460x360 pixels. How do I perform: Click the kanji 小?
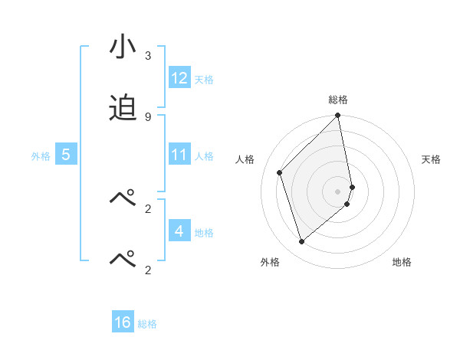[123, 47]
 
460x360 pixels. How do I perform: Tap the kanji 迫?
[123, 108]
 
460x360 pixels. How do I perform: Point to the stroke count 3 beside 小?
[148, 56]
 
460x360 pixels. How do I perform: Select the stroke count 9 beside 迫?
[148, 117]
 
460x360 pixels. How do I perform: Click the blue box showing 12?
[179, 78]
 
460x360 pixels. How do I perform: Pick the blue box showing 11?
[179, 155]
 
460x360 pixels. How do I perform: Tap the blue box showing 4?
[179, 231]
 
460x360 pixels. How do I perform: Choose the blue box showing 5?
[66, 155]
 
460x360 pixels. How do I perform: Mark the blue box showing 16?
[123, 322]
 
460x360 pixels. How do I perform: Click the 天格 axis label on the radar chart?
[431, 159]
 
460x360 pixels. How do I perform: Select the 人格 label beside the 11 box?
[204, 155]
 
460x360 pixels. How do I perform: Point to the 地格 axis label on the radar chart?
[402, 262]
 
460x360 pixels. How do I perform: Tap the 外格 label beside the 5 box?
[41, 155]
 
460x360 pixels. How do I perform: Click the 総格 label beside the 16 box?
[147, 323]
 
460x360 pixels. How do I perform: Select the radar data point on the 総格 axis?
[338, 116]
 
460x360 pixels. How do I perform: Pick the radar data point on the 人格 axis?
[280, 172]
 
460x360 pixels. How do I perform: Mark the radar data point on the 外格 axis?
[301, 242]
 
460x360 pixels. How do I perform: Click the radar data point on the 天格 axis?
[353, 186]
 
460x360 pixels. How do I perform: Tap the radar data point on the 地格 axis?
[347, 204]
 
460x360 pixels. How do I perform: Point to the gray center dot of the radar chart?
[338, 191]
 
